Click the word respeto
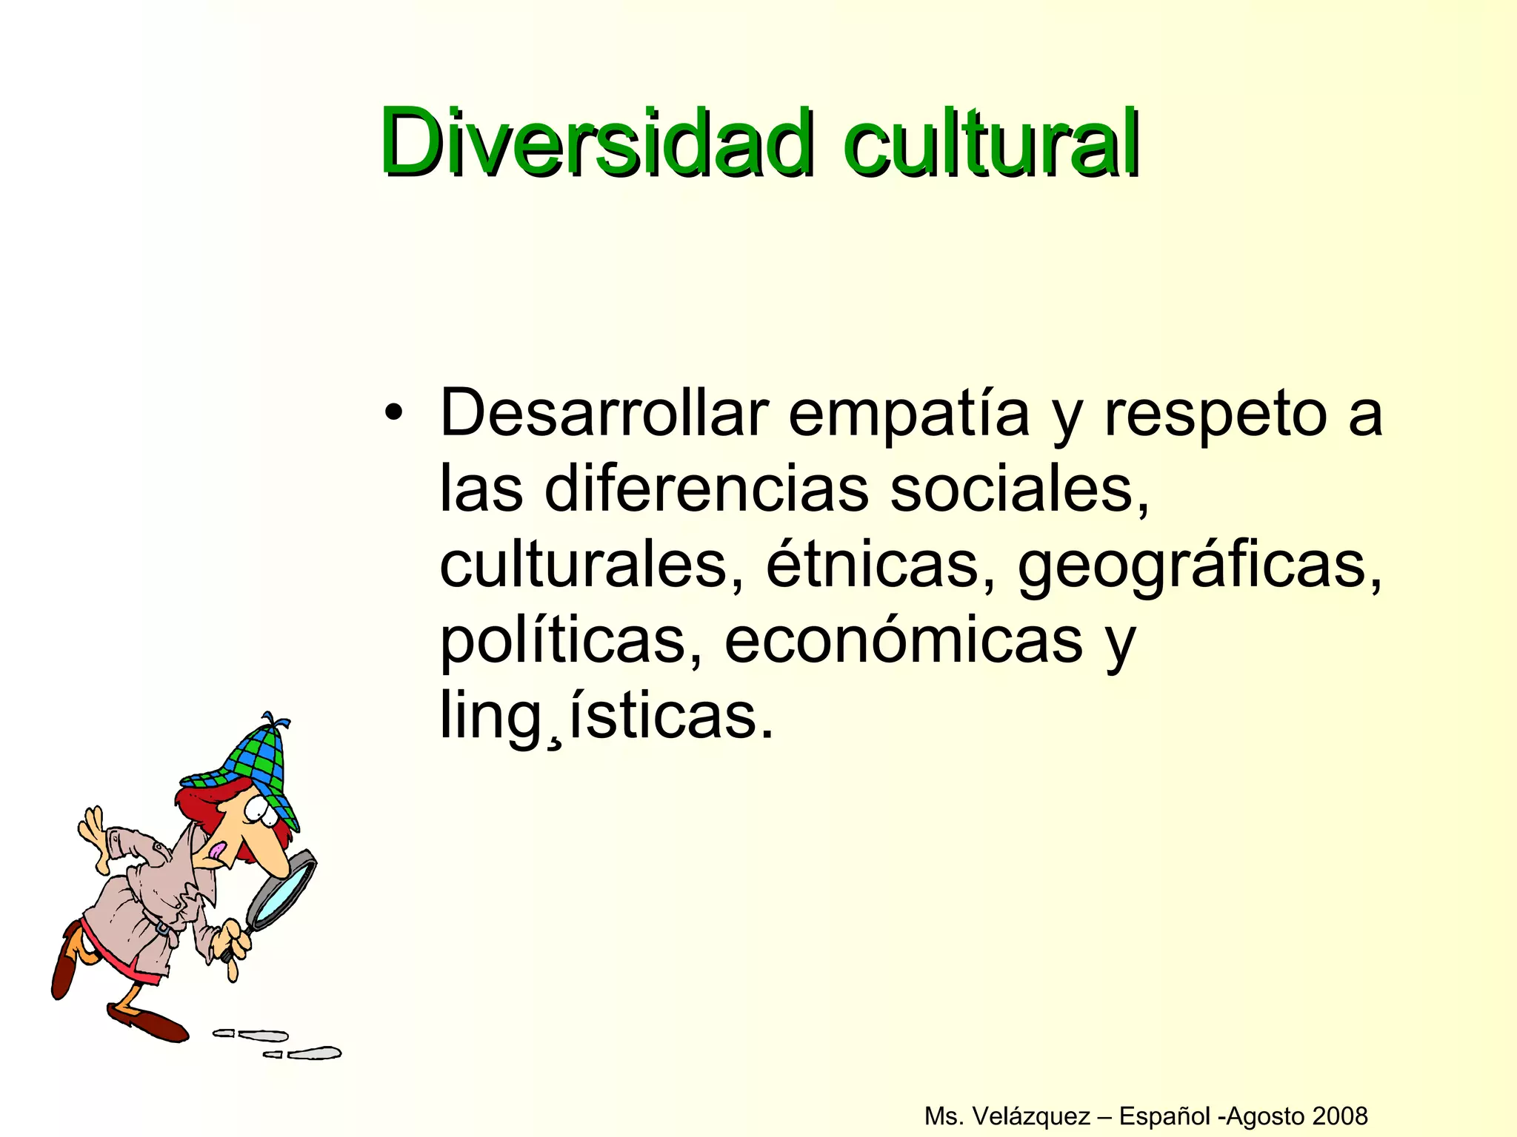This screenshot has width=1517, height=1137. tap(1215, 415)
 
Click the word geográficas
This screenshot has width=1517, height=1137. tap(1200, 566)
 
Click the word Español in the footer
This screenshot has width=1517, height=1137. tap(1167, 1116)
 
